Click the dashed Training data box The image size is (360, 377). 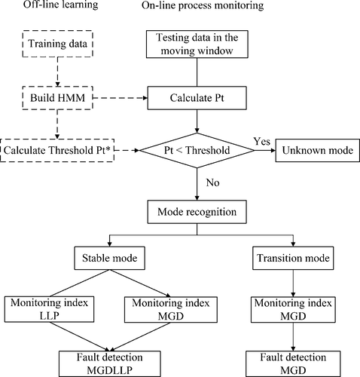[56, 44]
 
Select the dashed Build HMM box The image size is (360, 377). [56, 97]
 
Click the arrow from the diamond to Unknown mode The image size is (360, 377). [260, 150]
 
